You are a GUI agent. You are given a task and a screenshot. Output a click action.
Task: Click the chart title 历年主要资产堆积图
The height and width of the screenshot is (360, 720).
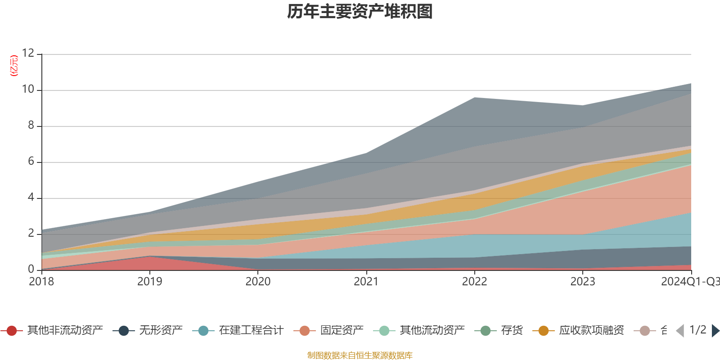360,12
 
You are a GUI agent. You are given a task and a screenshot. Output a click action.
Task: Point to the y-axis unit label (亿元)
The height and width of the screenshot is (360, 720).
14,66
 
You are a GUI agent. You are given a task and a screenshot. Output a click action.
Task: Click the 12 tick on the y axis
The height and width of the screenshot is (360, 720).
28,54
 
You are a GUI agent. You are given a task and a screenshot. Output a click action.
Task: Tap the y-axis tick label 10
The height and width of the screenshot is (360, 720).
28,90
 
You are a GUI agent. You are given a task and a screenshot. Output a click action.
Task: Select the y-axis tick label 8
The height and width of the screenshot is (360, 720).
31,126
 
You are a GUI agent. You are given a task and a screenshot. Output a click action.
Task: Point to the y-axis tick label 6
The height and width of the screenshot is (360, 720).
31,162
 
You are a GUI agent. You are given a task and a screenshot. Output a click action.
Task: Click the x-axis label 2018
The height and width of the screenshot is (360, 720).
41,282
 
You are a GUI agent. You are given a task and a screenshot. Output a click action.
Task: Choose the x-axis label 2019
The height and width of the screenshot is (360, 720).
149,282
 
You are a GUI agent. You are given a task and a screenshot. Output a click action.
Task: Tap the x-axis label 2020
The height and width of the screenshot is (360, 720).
258,282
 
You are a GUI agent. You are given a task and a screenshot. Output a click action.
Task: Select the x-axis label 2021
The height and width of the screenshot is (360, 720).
366,282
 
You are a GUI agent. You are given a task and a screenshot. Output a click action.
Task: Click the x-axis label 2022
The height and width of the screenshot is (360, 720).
474,282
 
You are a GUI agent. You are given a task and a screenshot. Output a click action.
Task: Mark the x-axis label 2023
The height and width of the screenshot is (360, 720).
583,282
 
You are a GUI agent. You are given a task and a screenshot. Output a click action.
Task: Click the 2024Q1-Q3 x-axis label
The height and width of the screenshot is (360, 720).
689,282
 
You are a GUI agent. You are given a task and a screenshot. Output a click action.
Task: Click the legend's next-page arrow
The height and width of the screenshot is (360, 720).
715,331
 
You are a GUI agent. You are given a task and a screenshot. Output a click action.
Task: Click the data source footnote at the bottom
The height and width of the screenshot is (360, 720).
360,355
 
